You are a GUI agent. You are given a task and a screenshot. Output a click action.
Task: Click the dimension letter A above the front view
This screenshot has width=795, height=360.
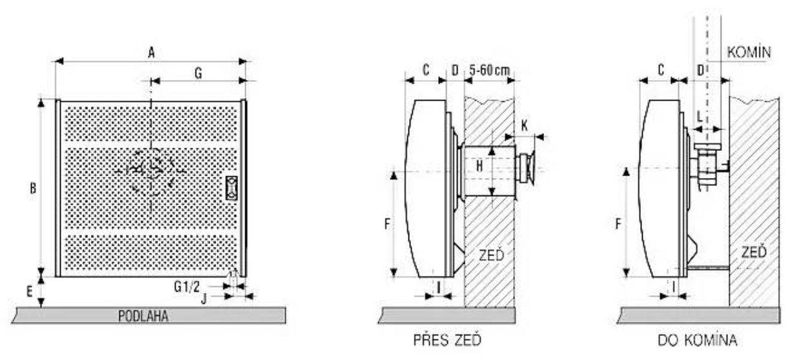click(152, 53)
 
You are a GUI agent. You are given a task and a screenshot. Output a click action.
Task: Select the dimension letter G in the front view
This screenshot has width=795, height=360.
click(198, 74)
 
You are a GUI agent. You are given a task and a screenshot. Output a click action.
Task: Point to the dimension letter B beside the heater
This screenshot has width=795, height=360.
click(33, 188)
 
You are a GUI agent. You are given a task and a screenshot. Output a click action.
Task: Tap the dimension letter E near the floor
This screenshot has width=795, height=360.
click(30, 292)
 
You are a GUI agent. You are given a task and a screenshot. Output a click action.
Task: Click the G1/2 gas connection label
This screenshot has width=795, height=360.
click(187, 286)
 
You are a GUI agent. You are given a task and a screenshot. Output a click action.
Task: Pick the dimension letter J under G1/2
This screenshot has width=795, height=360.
click(204, 299)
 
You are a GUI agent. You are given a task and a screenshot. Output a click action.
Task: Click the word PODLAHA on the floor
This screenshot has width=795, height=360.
click(143, 316)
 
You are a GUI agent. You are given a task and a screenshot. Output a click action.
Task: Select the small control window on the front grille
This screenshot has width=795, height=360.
click(232, 188)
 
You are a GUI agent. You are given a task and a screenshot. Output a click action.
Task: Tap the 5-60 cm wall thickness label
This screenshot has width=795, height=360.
click(489, 70)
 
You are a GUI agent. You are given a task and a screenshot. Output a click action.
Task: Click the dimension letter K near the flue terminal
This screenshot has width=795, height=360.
click(525, 126)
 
